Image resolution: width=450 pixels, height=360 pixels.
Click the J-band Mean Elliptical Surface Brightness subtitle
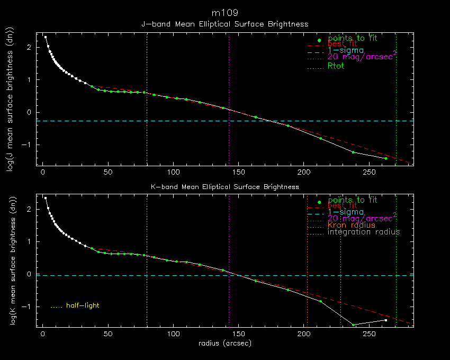(225, 24)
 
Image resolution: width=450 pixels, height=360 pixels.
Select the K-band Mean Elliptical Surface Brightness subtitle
(225, 187)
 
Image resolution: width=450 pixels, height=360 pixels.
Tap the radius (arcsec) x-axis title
(225, 343)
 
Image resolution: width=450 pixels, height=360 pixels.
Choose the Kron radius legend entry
(352, 225)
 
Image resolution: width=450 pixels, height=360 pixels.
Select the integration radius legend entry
(364, 232)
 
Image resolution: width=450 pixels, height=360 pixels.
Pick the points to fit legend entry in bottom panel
(353, 200)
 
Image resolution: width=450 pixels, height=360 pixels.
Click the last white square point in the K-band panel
(386, 320)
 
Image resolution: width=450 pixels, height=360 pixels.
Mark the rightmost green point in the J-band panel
(386, 158)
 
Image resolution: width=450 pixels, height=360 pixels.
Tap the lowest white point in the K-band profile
(353, 325)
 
